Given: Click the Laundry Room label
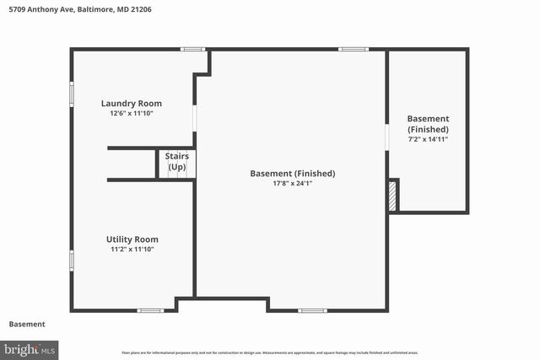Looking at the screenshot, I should (132, 104).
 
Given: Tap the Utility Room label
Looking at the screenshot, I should (132, 239).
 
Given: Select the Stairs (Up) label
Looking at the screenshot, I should (176, 162).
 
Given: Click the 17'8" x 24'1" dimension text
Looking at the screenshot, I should (292, 184).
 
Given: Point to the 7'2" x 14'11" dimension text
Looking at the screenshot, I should (428, 139).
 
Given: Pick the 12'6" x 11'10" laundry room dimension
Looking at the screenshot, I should (132, 113).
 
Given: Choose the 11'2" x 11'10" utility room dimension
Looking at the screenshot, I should (132, 249).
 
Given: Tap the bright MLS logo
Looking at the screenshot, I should (30, 348).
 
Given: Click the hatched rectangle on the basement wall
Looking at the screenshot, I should (392, 195).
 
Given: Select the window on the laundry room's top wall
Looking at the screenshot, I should (193, 49).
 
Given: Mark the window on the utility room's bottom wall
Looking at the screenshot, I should (150, 310).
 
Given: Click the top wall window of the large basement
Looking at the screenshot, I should (352, 49).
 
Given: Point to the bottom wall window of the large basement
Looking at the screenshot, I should (312, 310).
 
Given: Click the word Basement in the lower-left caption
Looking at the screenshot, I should (27, 325).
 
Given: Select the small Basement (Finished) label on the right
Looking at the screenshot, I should (428, 124).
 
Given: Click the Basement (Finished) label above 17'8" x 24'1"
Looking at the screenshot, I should (292, 174).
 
